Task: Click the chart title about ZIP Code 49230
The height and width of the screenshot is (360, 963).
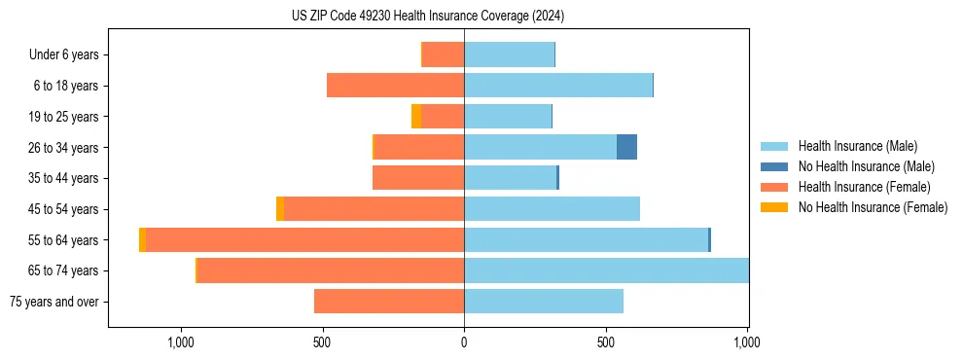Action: [428, 17]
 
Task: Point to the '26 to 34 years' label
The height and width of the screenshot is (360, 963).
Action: [64, 147]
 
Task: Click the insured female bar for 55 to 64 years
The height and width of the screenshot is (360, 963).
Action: [304, 239]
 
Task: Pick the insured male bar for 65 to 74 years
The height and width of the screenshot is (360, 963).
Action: [606, 270]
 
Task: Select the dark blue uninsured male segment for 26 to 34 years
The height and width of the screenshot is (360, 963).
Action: [626, 147]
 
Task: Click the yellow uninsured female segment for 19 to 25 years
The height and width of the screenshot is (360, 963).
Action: [416, 117]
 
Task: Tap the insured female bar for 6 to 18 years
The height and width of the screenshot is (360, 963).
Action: [395, 86]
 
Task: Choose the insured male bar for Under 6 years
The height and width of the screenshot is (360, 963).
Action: [509, 54]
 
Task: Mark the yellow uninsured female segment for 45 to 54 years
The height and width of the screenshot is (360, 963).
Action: [280, 209]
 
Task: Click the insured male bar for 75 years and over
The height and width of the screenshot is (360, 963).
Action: [544, 302]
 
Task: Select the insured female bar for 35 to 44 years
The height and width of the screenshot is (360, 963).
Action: [418, 178]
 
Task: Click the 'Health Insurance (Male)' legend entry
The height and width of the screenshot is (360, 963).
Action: [857, 146]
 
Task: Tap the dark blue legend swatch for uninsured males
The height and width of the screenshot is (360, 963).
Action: [775, 166]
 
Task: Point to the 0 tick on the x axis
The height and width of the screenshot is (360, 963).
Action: [464, 342]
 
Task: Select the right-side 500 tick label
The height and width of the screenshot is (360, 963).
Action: [606, 342]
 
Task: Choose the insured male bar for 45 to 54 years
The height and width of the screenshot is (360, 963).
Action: [552, 209]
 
